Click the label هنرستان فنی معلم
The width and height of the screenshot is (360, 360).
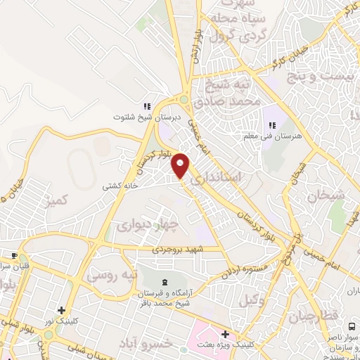click(268, 136)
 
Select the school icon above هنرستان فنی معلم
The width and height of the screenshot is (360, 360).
click(269, 126)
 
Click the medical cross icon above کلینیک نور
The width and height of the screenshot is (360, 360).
click(62, 310)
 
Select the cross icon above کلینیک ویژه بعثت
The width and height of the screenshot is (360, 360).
click(225, 335)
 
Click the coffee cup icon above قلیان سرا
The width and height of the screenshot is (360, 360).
click(13, 255)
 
